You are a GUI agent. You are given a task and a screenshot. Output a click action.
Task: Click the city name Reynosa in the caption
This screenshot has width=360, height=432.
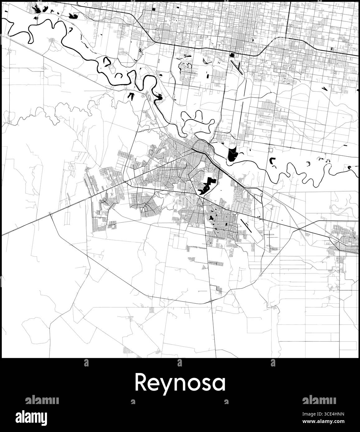pos(180,383)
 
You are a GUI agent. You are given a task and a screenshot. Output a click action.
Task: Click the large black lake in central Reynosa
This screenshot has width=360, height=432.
pos(206,186)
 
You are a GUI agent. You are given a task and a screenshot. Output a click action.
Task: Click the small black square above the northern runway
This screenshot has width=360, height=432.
pos(232,55)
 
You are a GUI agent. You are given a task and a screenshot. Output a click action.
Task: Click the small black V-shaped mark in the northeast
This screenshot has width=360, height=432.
pos(325,89)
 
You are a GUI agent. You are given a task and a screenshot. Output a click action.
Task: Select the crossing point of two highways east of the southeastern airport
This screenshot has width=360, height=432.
pos(299,229)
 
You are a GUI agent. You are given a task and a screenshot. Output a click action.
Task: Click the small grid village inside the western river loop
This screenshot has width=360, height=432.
pos(52,40)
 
